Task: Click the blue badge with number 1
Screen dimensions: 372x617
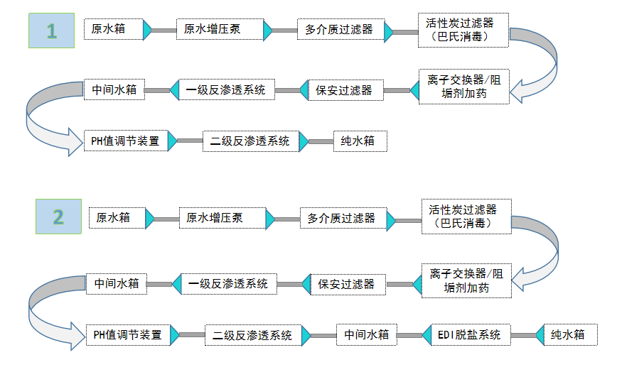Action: click(51, 31)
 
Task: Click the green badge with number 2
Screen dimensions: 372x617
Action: click(58, 217)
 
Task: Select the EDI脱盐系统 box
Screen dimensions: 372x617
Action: click(468, 334)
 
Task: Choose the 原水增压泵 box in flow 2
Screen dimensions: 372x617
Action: click(215, 218)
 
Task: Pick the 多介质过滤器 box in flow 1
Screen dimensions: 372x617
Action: click(339, 30)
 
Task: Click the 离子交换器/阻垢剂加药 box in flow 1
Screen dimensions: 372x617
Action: click(464, 87)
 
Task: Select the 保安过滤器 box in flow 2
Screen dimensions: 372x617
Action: click(346, 284)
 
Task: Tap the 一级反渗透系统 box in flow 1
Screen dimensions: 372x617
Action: click(226, 89)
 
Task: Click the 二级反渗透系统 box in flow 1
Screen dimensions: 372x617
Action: click(250, 141)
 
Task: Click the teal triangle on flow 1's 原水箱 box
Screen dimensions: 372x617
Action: click(147, 30)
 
